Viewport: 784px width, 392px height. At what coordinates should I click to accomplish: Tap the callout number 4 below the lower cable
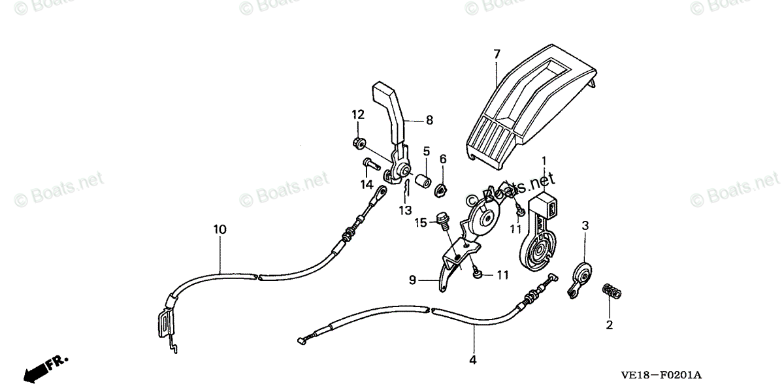pos(473,359)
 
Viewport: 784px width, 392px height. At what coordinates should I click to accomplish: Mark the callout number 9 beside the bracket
pos(412,280)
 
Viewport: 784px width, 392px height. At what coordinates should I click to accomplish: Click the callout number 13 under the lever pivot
pos(406,210)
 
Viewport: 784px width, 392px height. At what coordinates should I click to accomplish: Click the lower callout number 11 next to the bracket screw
pos(502,275)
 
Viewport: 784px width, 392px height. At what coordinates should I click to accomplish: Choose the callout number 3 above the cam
pos(585,225)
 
